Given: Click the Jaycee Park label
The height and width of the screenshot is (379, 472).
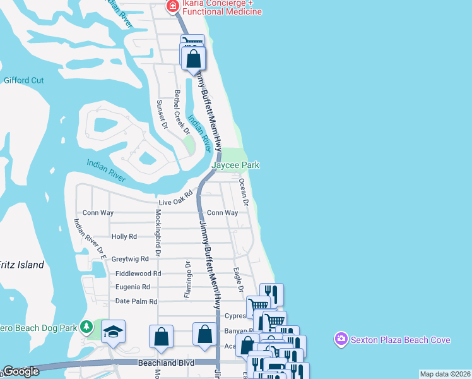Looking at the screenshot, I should click(x=235, y=165).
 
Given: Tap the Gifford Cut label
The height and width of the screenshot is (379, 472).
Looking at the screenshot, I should click(x=24, y=80).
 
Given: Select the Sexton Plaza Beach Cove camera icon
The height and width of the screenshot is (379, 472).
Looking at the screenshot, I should click(x=341, y=340).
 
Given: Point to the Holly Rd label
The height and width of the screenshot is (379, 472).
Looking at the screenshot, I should click(x=124, y=236).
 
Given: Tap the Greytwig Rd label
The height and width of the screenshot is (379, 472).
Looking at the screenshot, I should click(x=130, y=259).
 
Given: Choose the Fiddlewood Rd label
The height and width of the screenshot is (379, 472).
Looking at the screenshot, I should click(x=139, y=274).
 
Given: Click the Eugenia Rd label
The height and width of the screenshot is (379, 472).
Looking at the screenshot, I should click(x=133, y=286).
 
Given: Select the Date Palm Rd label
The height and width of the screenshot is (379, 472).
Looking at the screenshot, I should click(x=136, y=301).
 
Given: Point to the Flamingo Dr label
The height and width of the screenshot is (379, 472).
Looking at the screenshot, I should click(x=187, y=278).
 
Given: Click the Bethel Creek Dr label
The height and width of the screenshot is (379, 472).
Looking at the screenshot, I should click(x=182, y=112).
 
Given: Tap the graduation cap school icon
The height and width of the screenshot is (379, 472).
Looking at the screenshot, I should click(x=113, y=332).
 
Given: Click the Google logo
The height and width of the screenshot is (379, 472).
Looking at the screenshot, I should click(x=21, y=371).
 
